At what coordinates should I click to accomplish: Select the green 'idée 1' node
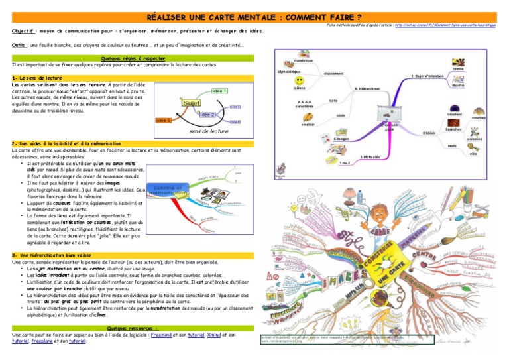[220, 91]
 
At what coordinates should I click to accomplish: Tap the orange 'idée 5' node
[163, 120]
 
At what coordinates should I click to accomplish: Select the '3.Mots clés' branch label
[370, 156]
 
